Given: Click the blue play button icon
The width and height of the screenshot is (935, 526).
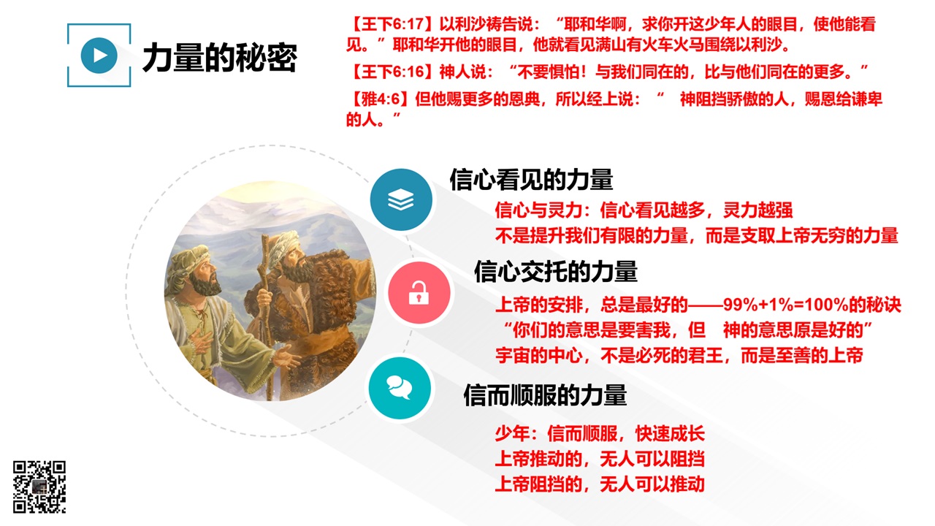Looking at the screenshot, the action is click(99, 56).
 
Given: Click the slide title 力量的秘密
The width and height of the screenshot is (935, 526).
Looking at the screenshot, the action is click(220, 58).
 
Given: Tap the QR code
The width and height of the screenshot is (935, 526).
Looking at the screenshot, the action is click(39, 487).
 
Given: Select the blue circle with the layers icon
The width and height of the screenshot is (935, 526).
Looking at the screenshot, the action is click(401, 199).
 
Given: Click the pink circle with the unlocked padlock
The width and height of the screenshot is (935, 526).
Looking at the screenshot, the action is click(419, 292).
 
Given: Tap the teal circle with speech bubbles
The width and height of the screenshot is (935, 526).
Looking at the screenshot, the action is click(400, 388).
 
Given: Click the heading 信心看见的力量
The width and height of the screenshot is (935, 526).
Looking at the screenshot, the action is click(531, 180).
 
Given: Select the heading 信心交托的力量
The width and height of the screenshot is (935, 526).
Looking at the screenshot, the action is click(556, 271).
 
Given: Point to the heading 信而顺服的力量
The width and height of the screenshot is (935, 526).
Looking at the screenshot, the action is click(545, 395).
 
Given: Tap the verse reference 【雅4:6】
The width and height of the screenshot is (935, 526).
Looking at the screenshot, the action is click(379, 99).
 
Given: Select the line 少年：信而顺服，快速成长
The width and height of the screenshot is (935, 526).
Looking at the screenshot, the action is click(600, 434).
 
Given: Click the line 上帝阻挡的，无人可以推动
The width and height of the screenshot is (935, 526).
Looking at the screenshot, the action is click(600, 484).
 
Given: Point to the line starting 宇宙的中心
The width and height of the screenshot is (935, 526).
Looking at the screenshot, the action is click(679, 356).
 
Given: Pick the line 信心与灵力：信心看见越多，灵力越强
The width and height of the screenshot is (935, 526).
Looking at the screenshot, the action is click(644, 210).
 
